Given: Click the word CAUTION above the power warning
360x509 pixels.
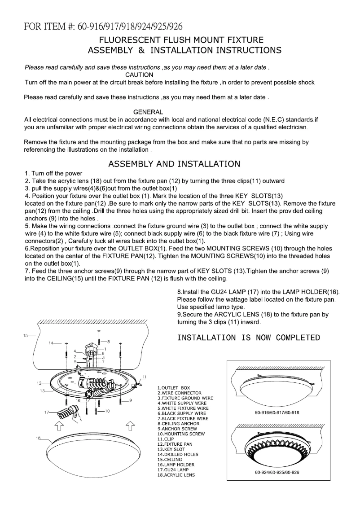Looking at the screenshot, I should click(x=139, y=75).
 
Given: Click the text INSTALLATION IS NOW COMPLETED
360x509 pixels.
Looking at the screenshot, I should click(x=249, y=338).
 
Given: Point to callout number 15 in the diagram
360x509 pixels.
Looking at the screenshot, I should click(x=28, y=335).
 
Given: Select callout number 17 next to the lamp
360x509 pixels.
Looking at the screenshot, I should click(x=46, y=412).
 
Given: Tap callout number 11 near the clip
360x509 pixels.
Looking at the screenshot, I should click(x=144, y=376).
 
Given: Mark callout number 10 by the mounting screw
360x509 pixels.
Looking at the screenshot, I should click(x=108, y=410).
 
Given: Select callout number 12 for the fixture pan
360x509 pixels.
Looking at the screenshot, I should click(x=40, y=383).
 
